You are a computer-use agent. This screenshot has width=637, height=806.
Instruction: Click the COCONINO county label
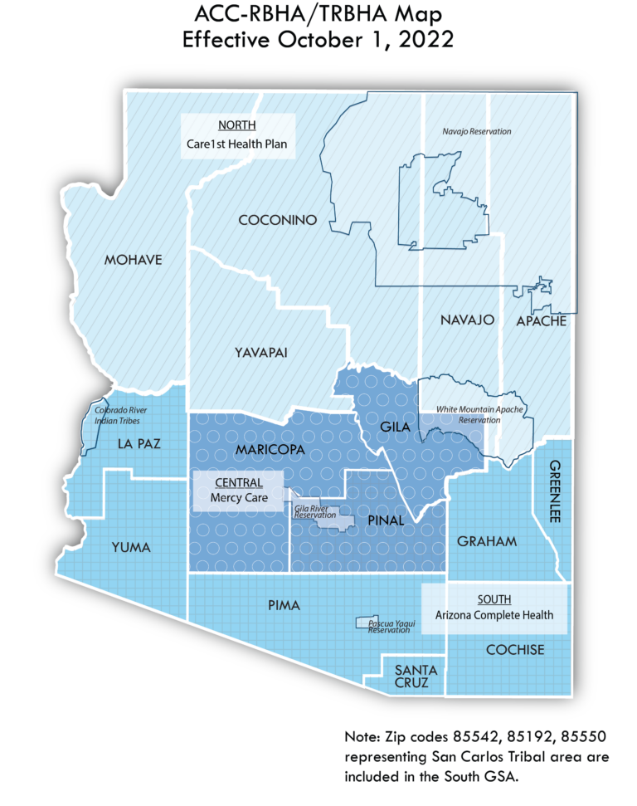click(x=278, y=220)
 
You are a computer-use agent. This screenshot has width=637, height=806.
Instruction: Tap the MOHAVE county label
click(x=133, y=260)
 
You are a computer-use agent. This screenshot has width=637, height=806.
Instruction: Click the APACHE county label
click(x=541, y=320)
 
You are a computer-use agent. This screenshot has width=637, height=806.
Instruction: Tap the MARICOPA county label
click(x=270, y=449)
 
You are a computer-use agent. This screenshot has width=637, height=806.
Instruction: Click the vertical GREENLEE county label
click(x=555, y=491)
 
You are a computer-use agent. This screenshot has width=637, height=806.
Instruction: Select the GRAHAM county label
click(x=487, y=542)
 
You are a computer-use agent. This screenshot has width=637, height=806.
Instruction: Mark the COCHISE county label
click(x=515, y=649)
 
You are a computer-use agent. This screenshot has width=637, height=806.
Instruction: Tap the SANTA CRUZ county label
click(x=411, y=677)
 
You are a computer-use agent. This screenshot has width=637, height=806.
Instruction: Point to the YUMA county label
click(x=130, y=547)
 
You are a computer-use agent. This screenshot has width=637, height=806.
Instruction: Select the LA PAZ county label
click(x=138, y=443)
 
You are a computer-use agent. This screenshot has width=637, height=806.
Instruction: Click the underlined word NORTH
click(x=236, y=125)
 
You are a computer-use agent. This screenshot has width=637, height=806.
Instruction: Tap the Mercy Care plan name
click(x=239, y=498)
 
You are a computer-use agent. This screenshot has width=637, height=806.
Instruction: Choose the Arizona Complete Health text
click(x=494, y=615)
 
